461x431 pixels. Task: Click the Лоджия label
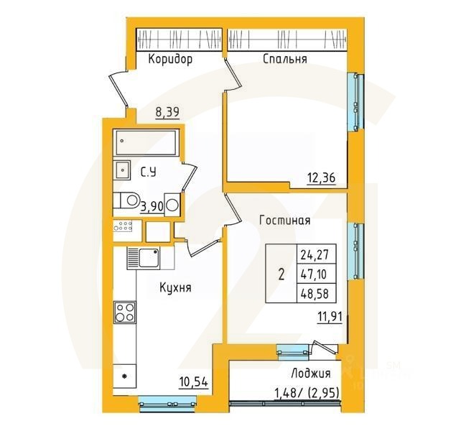(311, 374)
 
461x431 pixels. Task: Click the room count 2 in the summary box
(281, 274)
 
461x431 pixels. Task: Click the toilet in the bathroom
(128, 200)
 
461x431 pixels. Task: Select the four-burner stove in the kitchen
(125, 313)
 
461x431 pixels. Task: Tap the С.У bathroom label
(149, 172)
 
